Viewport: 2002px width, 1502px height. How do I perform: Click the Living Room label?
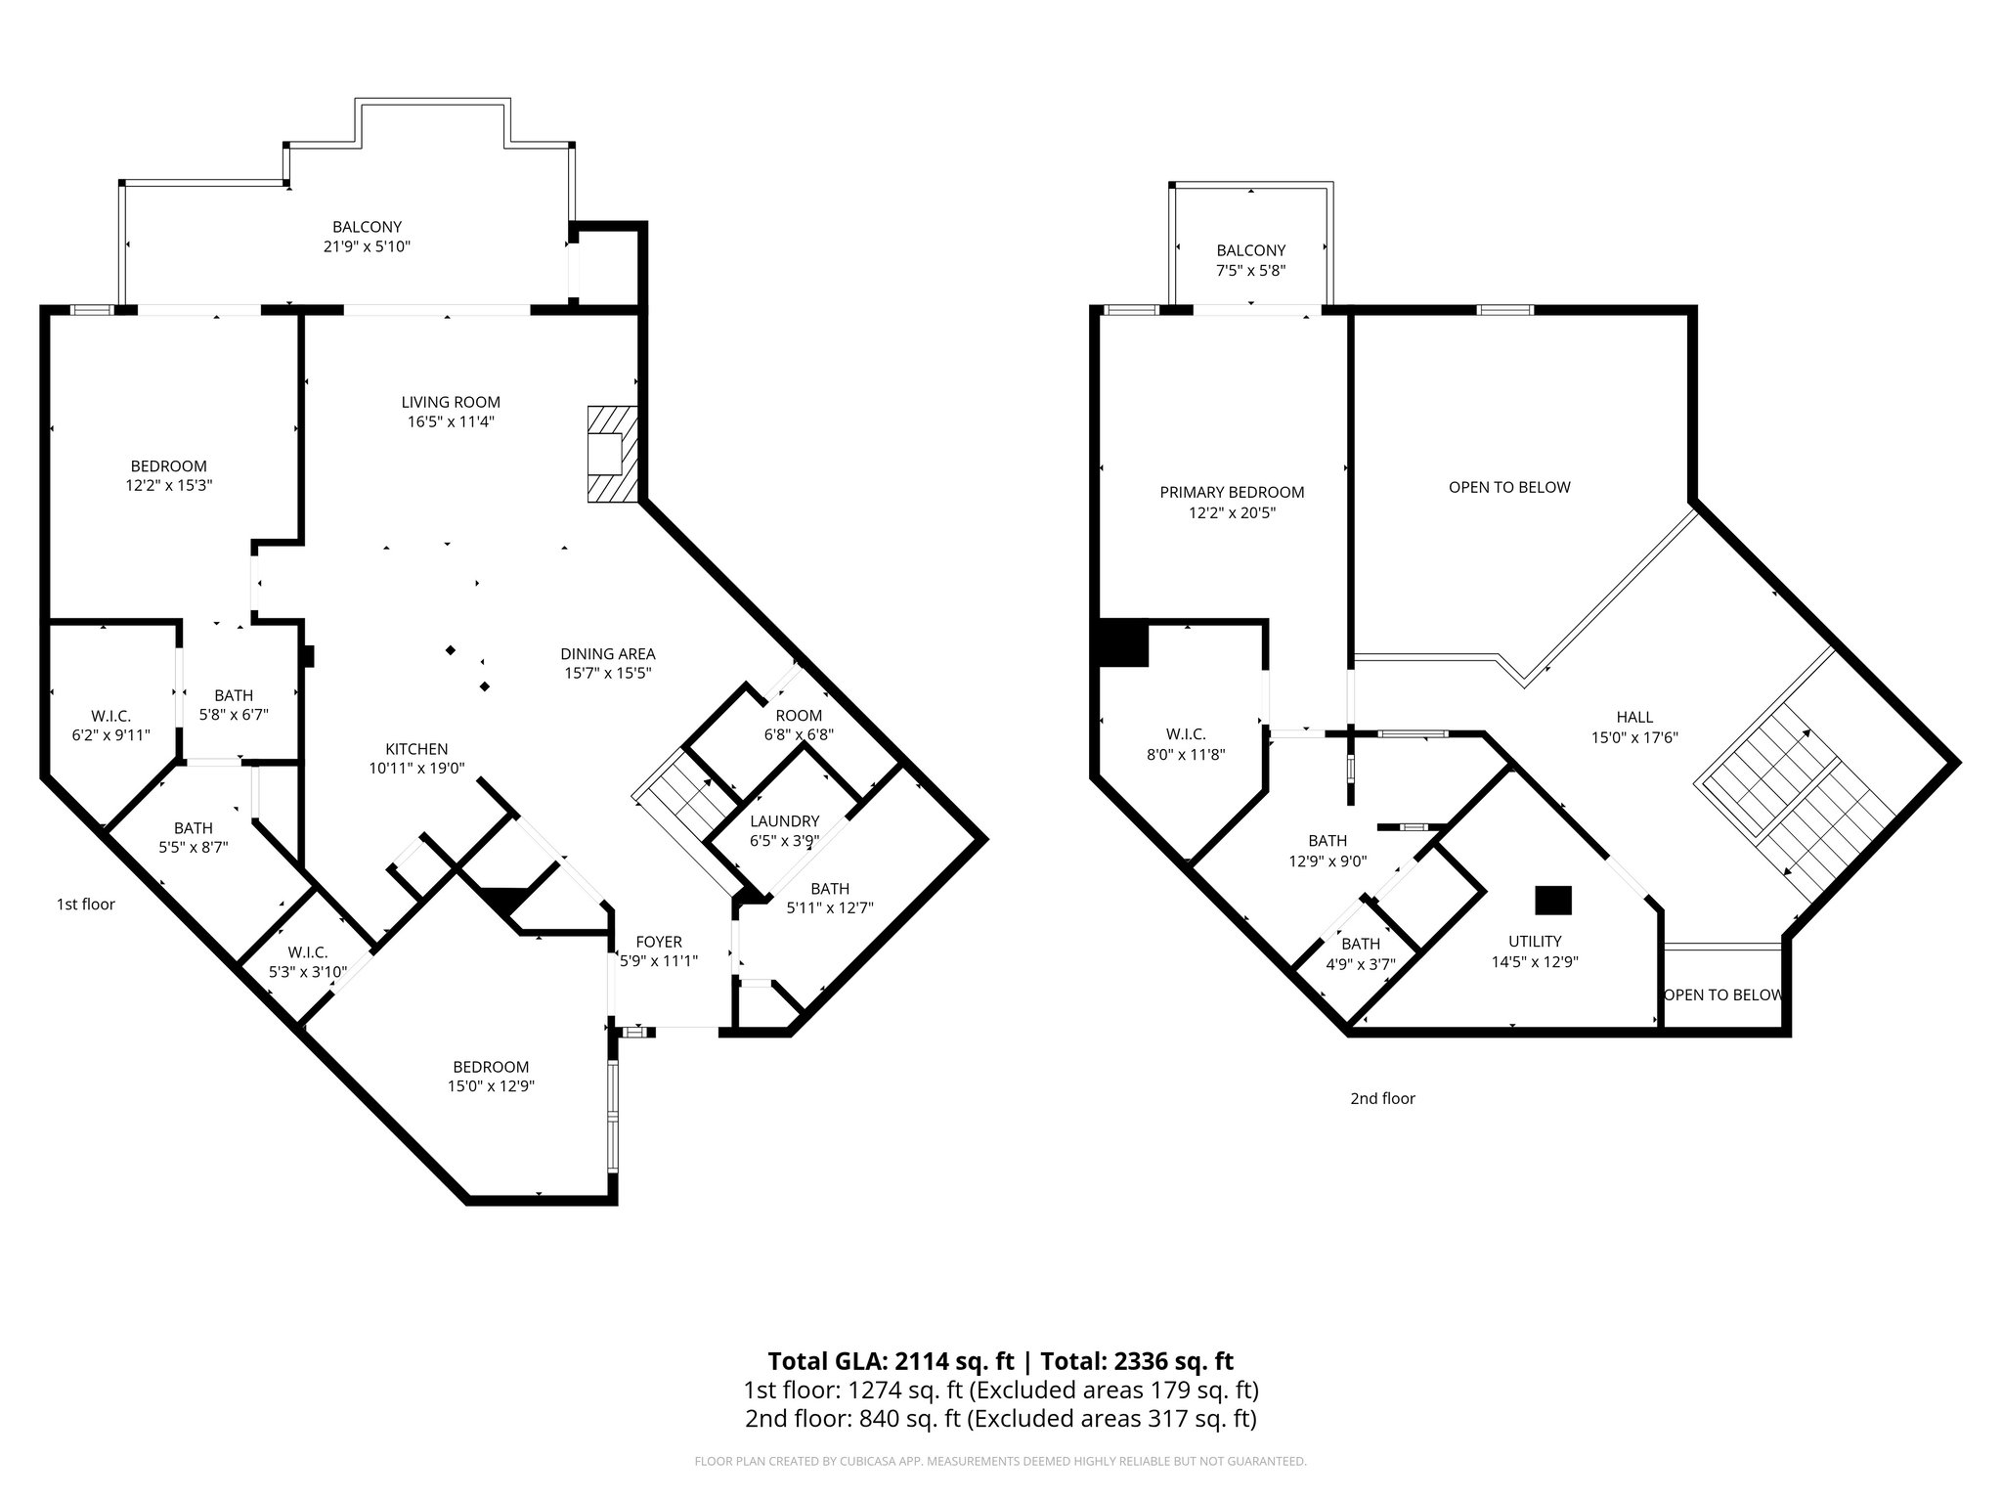451,402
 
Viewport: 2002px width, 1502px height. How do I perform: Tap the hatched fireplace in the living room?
611,454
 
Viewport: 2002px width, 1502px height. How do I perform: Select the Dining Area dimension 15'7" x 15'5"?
607,673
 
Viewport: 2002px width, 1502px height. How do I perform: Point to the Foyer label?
658,942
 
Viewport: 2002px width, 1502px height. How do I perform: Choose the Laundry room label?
784,821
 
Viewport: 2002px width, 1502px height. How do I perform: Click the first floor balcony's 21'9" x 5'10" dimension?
366,246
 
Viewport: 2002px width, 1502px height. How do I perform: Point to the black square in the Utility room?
1552,900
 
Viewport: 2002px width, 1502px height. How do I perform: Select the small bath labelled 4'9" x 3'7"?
1360,953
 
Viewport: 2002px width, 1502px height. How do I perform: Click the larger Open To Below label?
1509,487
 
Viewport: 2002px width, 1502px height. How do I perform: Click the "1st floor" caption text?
86,905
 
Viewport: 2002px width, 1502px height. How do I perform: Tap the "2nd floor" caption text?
1382,1098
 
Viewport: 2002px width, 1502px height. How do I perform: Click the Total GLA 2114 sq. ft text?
892,1361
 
